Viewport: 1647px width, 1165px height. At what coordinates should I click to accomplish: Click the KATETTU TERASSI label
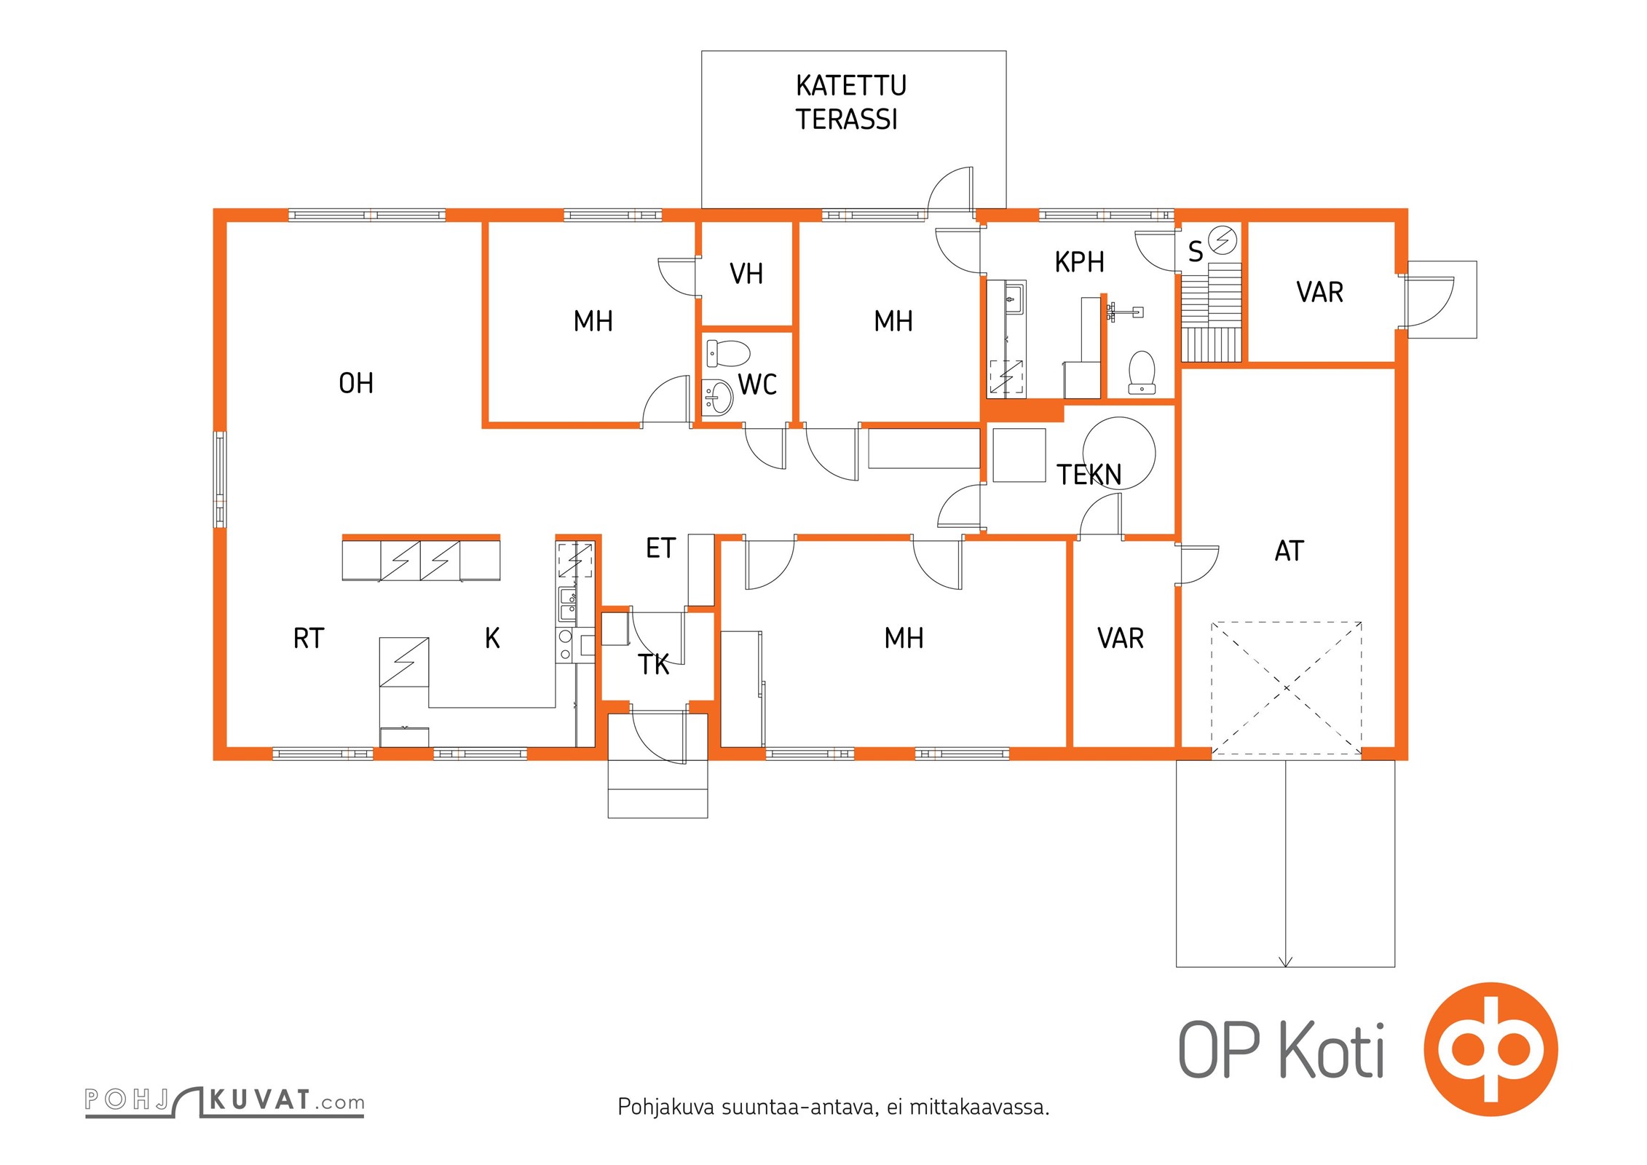(850, 103)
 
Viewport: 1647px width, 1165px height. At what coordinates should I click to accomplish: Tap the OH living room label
(356, 383)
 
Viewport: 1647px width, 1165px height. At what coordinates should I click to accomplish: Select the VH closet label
(746, 274)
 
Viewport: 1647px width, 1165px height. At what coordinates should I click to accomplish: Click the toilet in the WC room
(728, 354)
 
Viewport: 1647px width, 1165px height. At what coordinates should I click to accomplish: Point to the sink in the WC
(719, 398)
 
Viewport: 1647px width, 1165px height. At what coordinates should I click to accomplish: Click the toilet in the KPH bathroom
(1142, 372)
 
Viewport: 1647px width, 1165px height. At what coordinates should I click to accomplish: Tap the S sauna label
(1195, 252)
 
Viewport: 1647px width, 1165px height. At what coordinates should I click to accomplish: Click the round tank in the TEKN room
(1119, 452)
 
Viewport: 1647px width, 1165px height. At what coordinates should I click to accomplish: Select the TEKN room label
(1089, 475)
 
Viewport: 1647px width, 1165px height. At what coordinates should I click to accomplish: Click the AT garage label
(1289, 551)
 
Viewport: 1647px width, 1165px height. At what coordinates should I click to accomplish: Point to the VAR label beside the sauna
(1319, 292)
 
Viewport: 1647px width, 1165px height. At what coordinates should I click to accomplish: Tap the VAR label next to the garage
(1121, 639)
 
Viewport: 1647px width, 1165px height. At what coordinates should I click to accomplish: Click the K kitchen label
(492, 639)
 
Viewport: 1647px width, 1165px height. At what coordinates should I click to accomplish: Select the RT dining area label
(308, 639)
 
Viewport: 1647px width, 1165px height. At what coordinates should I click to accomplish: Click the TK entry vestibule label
(653, 664)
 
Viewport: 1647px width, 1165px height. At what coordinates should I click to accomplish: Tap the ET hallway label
(660, 548)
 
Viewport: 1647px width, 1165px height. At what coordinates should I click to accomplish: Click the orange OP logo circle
(1490, 1049)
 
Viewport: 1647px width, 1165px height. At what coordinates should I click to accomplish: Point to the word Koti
(1332, 1049)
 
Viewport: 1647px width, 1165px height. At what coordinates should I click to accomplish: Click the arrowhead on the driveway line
(1285, 962)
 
